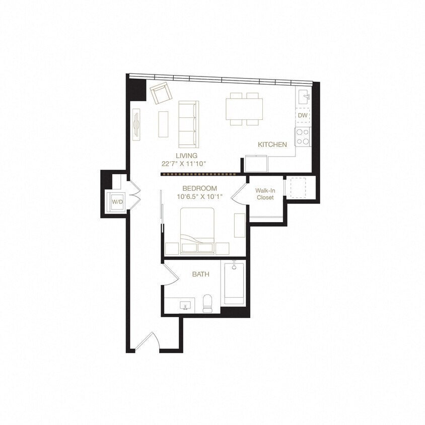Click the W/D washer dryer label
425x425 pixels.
click(x=117, y=201)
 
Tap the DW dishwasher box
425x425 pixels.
click(x=302, y=115)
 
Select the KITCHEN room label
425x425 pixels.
click(x=272, y=145)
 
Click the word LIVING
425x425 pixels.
click(x=186, y=156)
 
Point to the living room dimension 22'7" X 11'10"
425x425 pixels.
click(x=184, y=164)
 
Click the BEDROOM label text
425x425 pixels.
click(x=199, y=188)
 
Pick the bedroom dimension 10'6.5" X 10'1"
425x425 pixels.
click(x=199, y=196)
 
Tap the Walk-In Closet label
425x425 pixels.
click(x=264, y=194)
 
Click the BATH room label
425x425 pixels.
click(x=201, y=274)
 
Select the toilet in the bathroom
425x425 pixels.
click(x=207, y=304)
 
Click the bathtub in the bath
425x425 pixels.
click(x=234, y=284)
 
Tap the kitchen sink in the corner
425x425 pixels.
click(x=304, y=96)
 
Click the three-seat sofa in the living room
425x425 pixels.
click(x=189, y=124)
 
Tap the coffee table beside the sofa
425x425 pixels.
click(x=163, y=124)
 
